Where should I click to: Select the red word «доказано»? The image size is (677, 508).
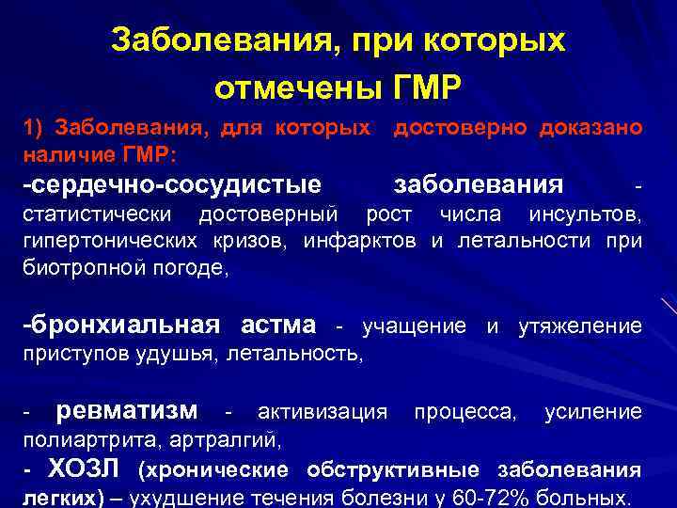pyautogui.click(x=591, y=127)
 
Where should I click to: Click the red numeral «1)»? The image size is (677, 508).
pyautogui.click(x=35, y=127)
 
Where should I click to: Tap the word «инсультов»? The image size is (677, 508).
pyautogui.click(x=584, y=218)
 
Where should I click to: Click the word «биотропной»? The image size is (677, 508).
pyautogui.click(x=75, y=267)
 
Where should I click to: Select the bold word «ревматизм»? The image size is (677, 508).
pyautogui.click(x=127, y=411)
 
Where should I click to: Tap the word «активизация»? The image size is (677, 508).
pyautogui.click(x=323, y=412)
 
